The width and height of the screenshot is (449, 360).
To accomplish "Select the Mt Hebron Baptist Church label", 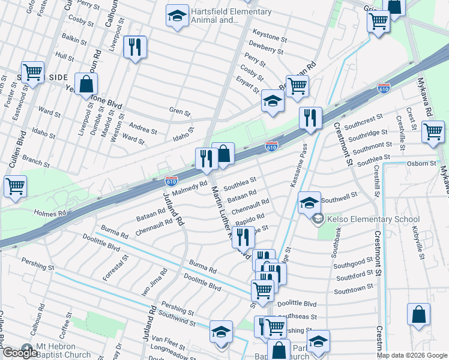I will (x=55, y=351).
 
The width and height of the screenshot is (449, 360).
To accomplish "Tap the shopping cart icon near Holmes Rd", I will (x=15, y=185).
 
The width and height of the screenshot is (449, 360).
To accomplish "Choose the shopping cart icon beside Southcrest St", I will (x=432, y=131).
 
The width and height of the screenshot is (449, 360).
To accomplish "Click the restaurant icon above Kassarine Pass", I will (x=310, y=118).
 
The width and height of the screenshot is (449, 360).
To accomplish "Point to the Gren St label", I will (x=179, y=112).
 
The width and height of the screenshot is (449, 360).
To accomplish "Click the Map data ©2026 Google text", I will (x=411, y=355).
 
